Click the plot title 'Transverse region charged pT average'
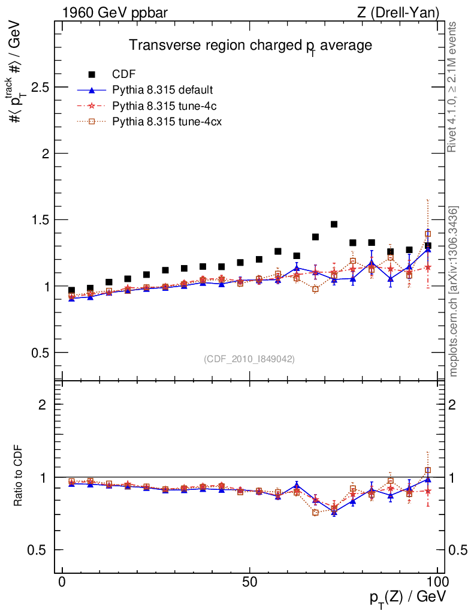[x=251, y=46]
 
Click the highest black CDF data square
[x=334, y=224]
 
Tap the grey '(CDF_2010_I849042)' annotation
[x=249, y=359]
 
